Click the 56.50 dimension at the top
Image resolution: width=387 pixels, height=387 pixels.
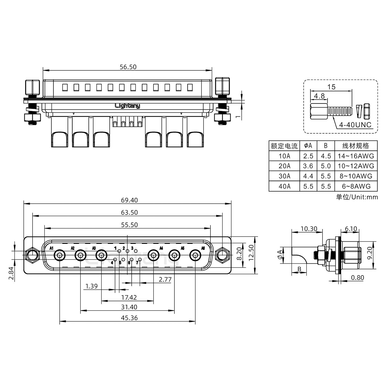coord(128,67)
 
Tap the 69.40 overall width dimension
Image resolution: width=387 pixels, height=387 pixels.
coord(129,200)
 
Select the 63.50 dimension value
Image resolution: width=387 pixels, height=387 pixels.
coord(129,213)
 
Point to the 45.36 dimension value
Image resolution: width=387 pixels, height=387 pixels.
coord(129,318)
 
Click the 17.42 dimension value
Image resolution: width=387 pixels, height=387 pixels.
coord(129,298)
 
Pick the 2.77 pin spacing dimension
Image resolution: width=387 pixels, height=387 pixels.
coord(165,279)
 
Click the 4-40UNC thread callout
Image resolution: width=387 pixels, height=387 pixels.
coord(355,125)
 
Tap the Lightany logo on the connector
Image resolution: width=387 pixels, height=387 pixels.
coord(127,106)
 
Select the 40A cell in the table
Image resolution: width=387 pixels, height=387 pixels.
coord(284,186)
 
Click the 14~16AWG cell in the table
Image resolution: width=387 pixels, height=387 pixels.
coord(356,156)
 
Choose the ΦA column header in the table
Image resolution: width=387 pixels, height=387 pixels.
coord(308,146)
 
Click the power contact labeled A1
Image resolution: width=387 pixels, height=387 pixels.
coord(60,255)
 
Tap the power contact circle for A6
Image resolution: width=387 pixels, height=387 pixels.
coord(195,255)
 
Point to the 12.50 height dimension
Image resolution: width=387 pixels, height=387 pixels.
coord(251,253)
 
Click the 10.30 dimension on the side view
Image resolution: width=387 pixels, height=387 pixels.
coord(309,229)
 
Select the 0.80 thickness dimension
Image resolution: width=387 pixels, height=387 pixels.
coord(357,278)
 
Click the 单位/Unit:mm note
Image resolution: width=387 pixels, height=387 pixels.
coord(357,197)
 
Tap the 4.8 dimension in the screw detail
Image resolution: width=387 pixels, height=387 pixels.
coord(319,96)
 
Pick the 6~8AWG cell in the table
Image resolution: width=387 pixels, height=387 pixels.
coord(356,186)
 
